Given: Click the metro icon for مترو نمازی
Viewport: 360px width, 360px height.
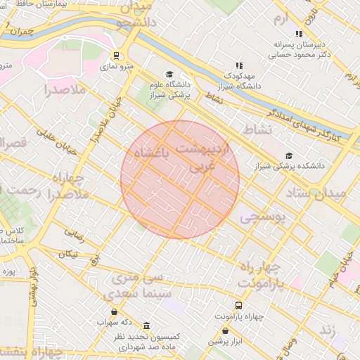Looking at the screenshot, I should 117,56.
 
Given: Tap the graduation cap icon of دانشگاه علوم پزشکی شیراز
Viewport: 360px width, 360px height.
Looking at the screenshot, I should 169,74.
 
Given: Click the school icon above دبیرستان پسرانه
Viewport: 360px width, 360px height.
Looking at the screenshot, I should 299,33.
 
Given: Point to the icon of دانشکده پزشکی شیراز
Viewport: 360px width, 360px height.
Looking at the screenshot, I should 289,155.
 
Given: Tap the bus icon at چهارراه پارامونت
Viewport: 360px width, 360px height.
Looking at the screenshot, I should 239,306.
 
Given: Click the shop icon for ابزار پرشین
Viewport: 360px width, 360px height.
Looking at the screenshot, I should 225,330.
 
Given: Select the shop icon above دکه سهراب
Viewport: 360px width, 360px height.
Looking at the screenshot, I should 114,311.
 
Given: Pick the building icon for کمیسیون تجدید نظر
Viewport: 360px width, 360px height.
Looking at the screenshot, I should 146,327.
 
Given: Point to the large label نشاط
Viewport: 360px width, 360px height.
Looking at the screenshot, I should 256,130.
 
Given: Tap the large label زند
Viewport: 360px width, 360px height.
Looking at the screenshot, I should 326,330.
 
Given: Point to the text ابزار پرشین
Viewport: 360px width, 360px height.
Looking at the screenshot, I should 225,342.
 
